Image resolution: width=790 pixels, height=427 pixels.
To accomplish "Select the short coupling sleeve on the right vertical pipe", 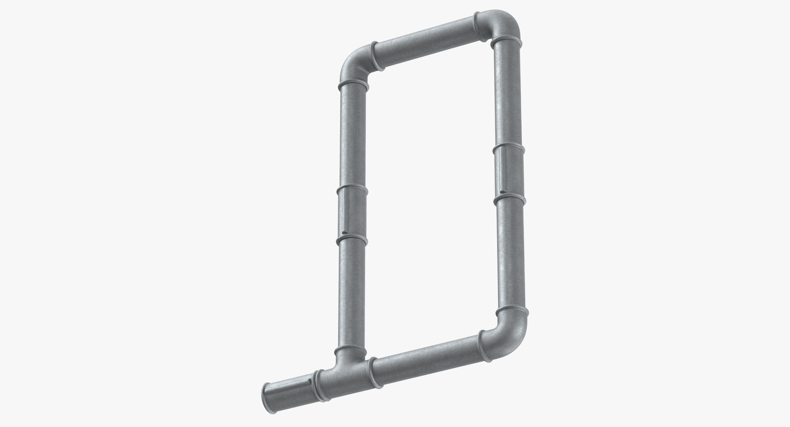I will (509, 173).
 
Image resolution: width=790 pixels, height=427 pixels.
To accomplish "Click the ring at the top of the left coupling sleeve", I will (352, 189).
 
